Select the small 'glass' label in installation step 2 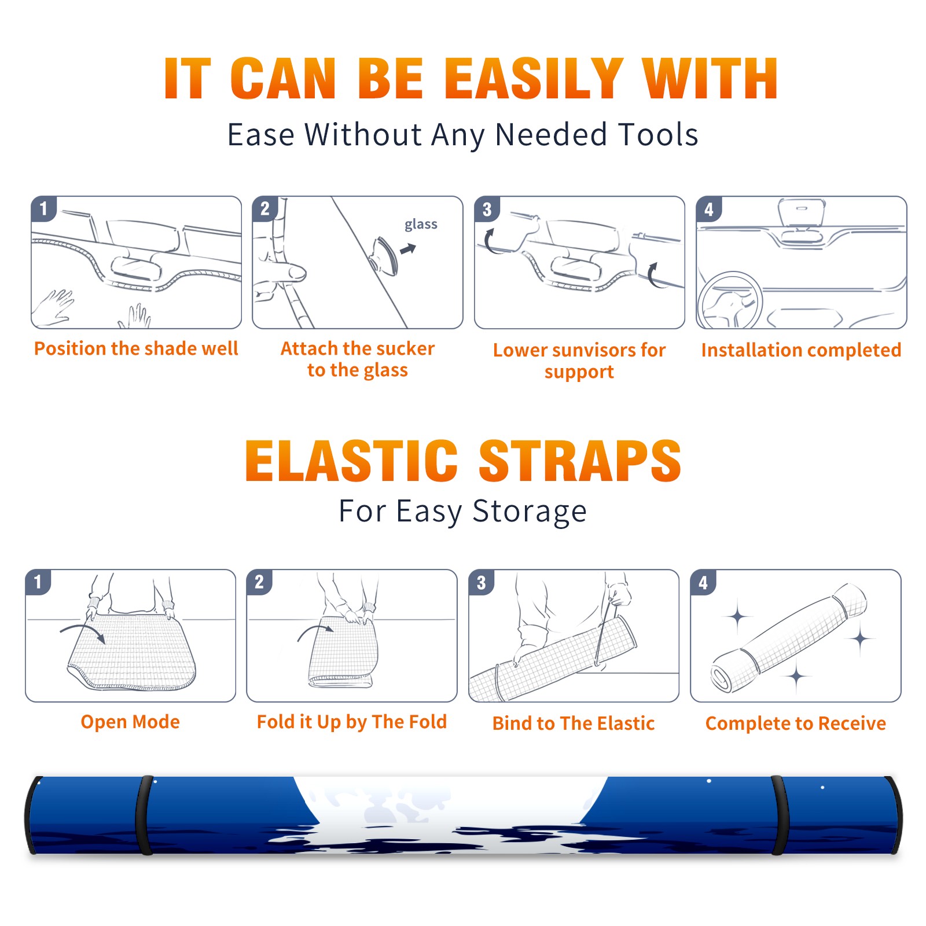(x=421, y=225)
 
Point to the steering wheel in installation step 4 (x=729, y=300)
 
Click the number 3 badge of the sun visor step (x=487, y=210)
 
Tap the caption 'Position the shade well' (x=136, y=348)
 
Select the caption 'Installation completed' (x=801, y=350)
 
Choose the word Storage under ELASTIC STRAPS (x=530, y=512)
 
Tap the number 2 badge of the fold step (x=259, y=582)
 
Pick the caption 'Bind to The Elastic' (x=574, y=723)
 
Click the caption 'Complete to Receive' (x=796, y=723)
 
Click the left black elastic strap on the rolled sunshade (x=145, y=815)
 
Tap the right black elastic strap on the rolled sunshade (x=780, y=815)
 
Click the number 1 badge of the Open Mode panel (x=38, y=582)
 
